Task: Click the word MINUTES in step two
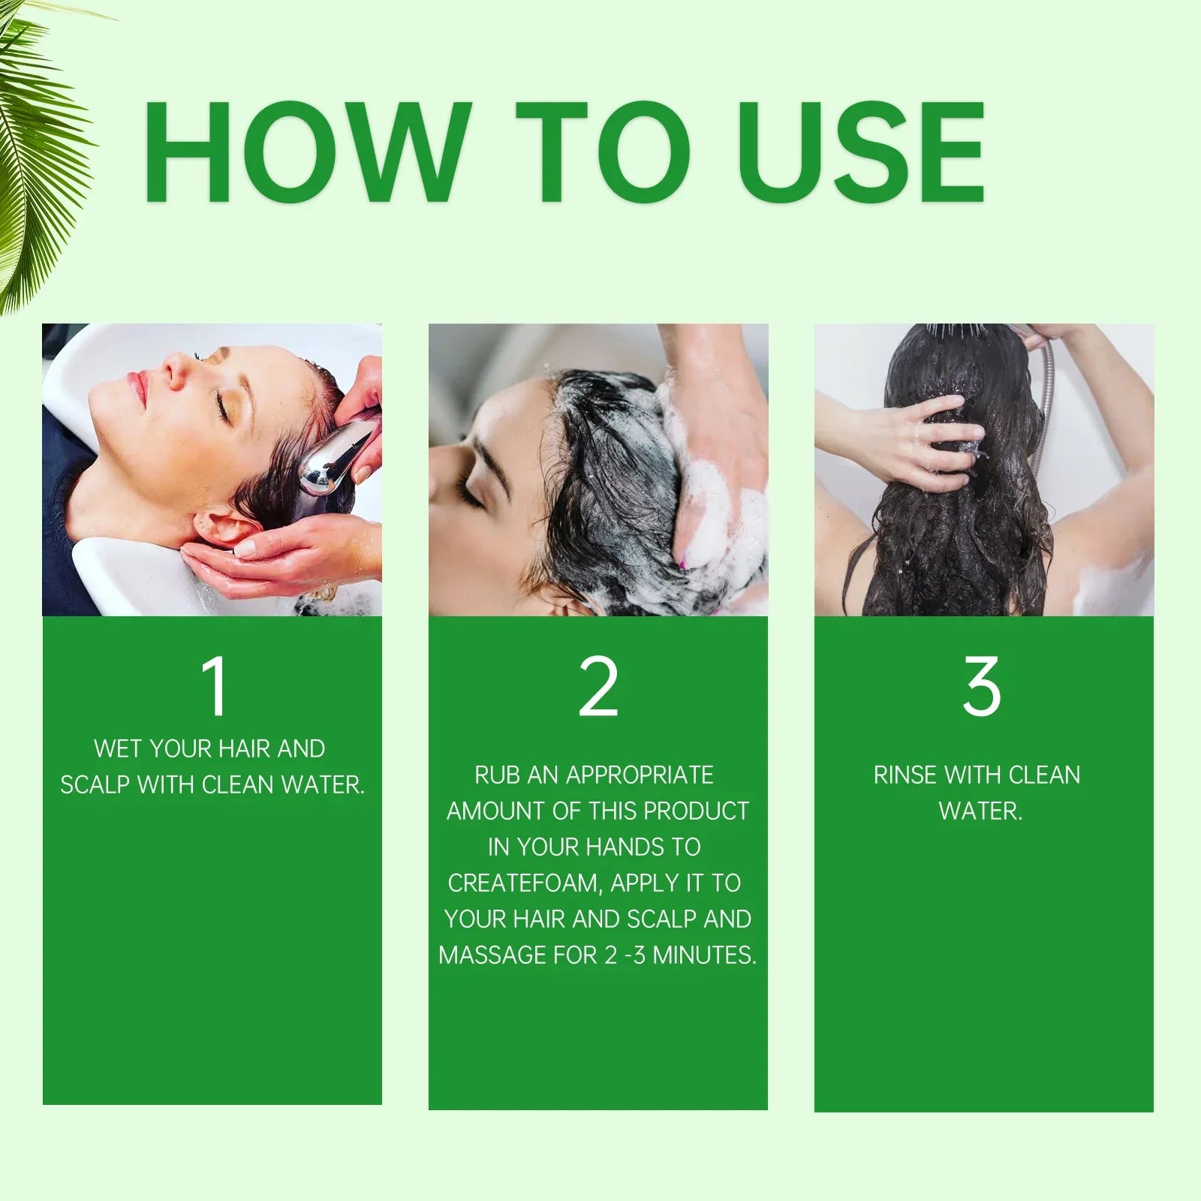[x=704, y=955]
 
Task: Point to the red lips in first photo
[x=137, y=387]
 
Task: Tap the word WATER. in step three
[x=980, y=811]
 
